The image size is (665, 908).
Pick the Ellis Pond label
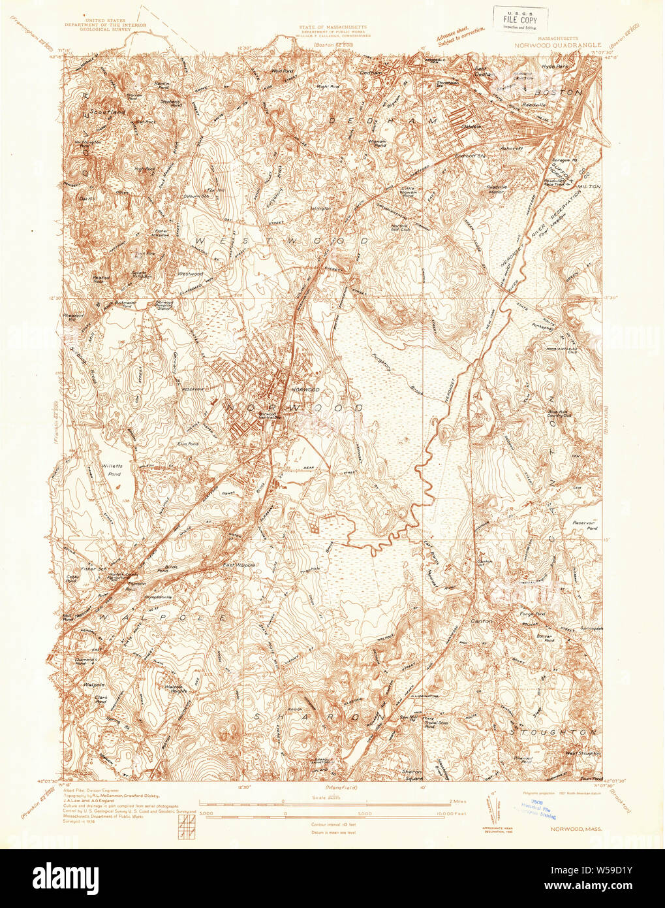tap(187, 443)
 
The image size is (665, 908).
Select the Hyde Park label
tap(556, 67)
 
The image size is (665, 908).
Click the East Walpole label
tap(238, 565)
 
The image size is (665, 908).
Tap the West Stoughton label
tap(582, 753)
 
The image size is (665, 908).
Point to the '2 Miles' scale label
tap(457, 800)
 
